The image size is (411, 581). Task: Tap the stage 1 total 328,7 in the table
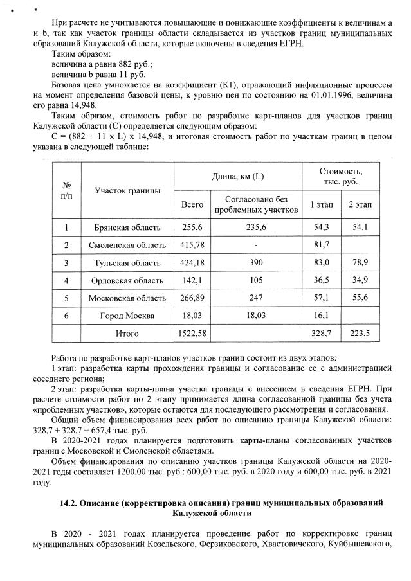321,334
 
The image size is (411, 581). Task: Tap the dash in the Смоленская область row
256,245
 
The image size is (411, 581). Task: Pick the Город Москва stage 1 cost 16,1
321,316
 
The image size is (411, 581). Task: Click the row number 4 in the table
66,280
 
